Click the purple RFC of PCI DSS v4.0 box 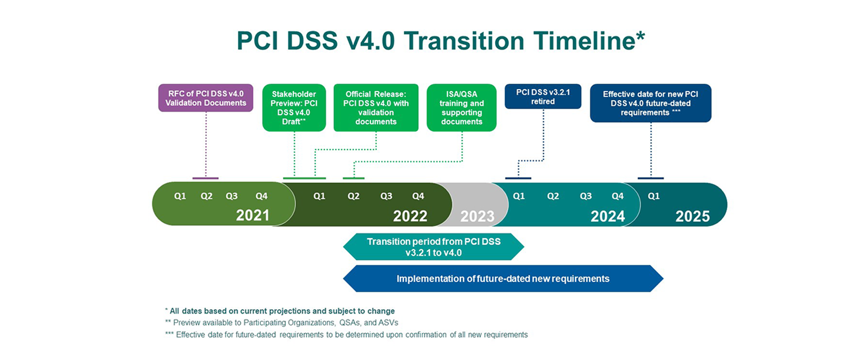tap(206, 98)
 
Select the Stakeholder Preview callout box tap(294, 108)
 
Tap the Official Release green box tap(376, 108)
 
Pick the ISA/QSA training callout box tap(462, 108)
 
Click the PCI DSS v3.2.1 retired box tap(543, 96)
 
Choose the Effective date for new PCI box tap(651, 103)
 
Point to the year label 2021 tap(252, 215)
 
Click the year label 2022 tap(410, 216)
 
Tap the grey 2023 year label tap(477, 216)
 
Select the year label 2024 tap(607, 216)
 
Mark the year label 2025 tap(693, 216)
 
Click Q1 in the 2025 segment tap(654, 196)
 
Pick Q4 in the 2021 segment tap(261, 196)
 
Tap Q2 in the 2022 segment tap(354, 196)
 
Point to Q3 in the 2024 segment tap(586, 196)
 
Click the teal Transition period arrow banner tap(434, 247)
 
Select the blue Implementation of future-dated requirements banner tap(503, 279)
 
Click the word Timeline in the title tap(585, 41)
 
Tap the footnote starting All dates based tap(280, 311)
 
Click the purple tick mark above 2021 tap(206, 178)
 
